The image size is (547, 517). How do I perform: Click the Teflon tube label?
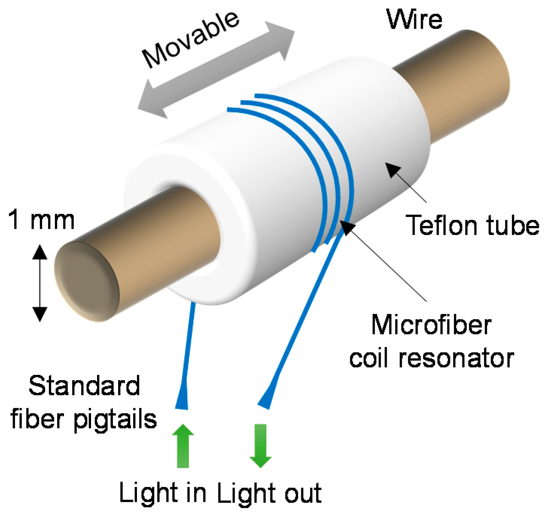(x=473, y=226)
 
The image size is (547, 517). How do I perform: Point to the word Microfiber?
(x=431, y=325)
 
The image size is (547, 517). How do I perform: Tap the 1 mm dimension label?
(x=41, y=220)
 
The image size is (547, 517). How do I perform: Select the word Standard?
(x=84, y=386)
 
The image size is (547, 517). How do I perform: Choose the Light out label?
(x=269, y=493)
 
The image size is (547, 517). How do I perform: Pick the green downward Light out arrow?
(x=260, y=446)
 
